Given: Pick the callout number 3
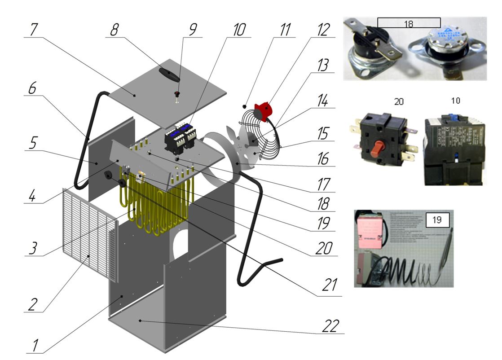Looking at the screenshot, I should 32,248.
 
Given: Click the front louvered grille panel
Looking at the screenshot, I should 90,233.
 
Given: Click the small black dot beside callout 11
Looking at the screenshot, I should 244,106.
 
